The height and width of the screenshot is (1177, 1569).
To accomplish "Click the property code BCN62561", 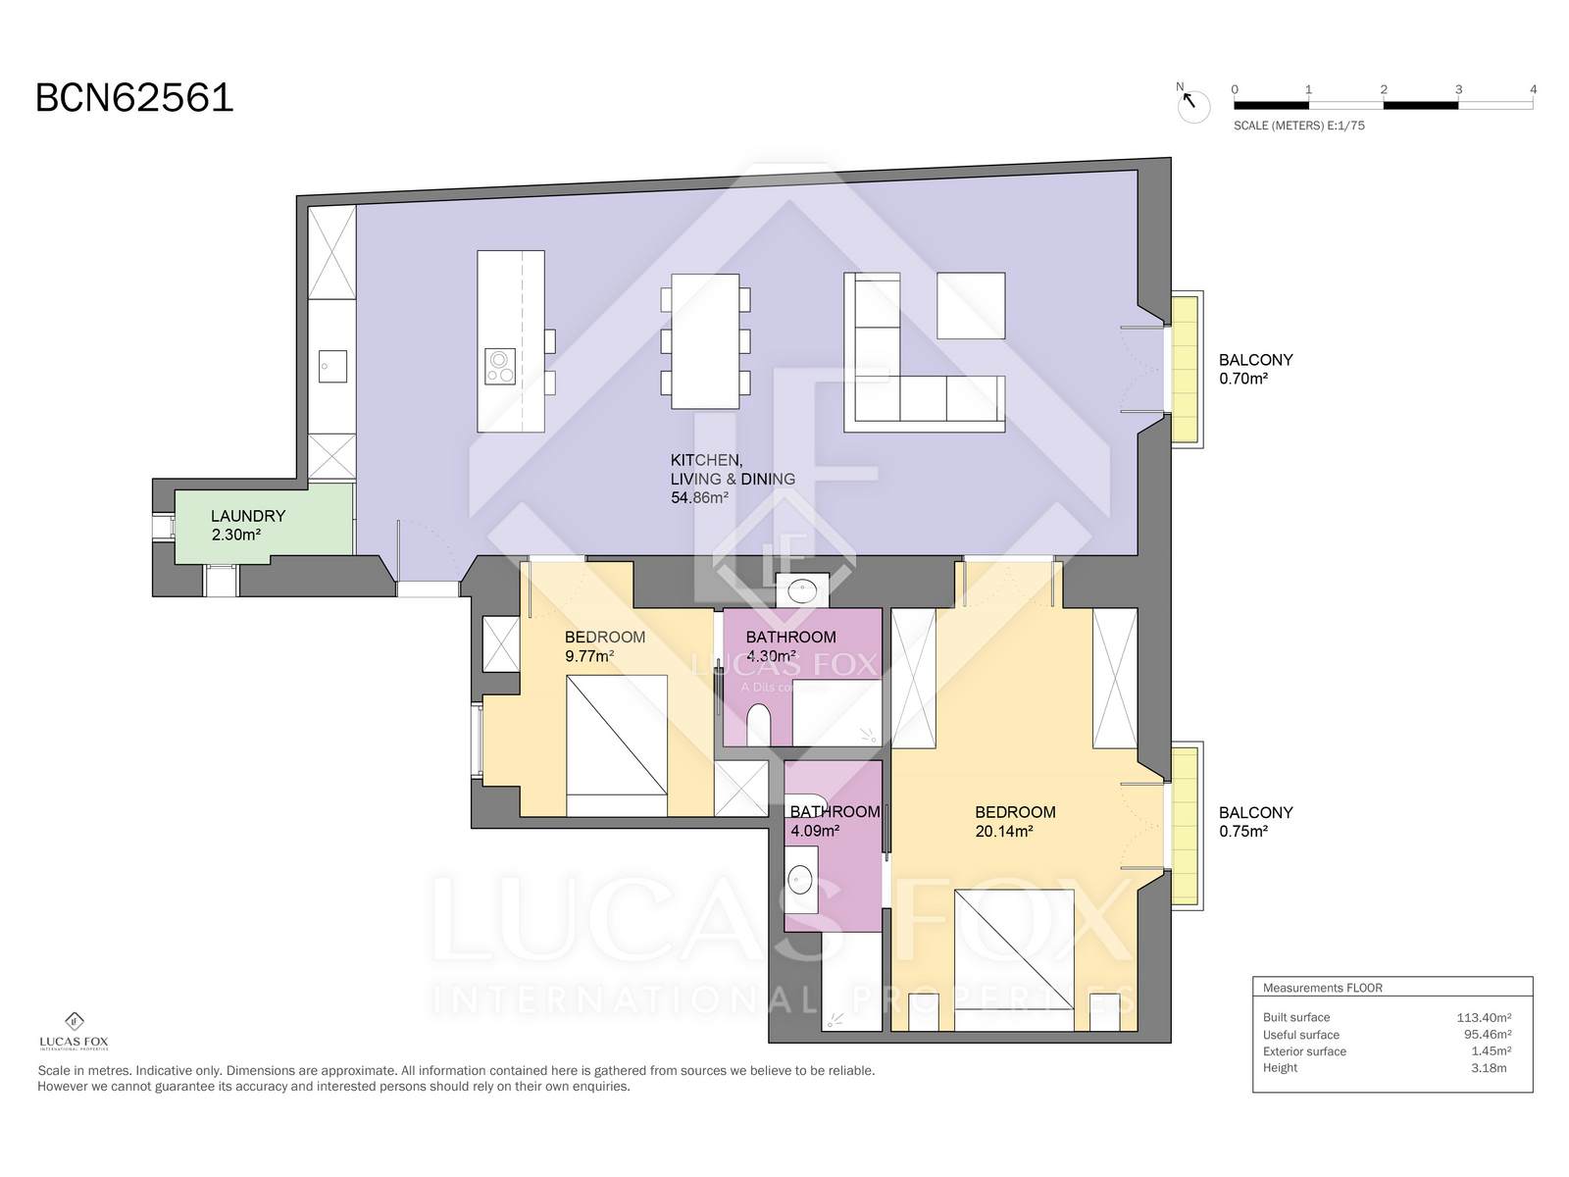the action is click(x=134, y=98).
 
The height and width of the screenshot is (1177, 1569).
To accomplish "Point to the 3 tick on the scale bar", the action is click(x=1458, y=90).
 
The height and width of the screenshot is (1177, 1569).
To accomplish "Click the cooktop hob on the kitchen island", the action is click(x=499, y=366).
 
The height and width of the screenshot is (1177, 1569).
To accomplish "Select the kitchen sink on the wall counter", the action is click(x=332, y=366).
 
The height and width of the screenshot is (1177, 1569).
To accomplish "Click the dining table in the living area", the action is click(x=705, y=341).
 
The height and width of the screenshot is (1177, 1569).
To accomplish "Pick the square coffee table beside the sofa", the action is click(x=971, y=305).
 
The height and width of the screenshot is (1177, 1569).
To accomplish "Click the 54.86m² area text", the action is click(x=699, y=498).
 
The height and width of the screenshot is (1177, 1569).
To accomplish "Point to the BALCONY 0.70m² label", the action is click(x=1255, y=370).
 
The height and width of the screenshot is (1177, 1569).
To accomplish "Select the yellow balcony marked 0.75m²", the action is click(x=1185, y=826).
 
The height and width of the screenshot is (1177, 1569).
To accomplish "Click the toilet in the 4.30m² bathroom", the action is click(x=758, y=725).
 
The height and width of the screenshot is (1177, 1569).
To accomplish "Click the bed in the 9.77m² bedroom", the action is click(x=617, y=745).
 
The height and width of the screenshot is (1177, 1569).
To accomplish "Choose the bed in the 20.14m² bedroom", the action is click(x=1014, y=960).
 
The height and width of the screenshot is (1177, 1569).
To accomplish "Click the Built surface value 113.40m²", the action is click(x=1484, y=1018).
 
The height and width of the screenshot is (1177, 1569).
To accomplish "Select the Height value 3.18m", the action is click(x=1489, y=1068).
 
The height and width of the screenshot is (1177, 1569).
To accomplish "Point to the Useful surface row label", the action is click(x=1301, y=1035).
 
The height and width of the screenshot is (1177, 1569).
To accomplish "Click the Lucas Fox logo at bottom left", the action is click(x=74, y=1031).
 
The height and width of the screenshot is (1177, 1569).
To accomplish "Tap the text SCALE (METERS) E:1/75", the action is click(x=1298, y=126).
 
